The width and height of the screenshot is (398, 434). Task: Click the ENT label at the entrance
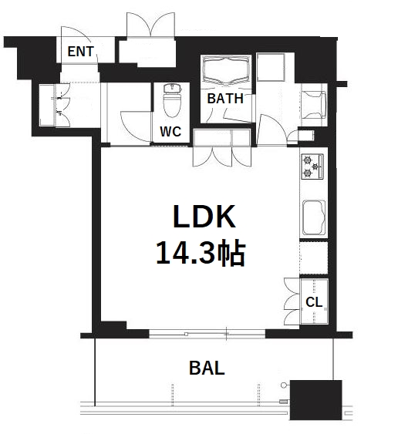coord(80,52)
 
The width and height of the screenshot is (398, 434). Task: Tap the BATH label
coord(225,99)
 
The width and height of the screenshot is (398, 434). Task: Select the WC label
coord(170,132)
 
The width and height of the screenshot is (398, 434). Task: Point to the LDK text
coord(204,217)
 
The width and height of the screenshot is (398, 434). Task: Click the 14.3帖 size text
coord(201,254)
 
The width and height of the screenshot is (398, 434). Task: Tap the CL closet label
coord(314,302)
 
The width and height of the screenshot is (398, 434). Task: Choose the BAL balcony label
coord(207,368)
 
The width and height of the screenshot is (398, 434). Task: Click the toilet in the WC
coord(172,100)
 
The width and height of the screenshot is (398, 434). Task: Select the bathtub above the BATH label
coord(226,70)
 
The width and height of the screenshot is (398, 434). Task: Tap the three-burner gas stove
coord(312,166)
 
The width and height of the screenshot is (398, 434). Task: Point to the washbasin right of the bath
coord(314,105)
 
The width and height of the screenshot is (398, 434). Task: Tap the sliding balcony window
coord(207,334)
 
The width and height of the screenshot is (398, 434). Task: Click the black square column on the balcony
coord(315,400)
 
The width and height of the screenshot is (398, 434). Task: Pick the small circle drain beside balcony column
coord(284,385)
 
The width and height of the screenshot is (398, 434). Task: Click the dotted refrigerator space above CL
coord(314,258)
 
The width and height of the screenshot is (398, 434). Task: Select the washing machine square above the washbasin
coord(271,67)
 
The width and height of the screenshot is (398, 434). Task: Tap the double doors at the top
coord(151,25)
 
